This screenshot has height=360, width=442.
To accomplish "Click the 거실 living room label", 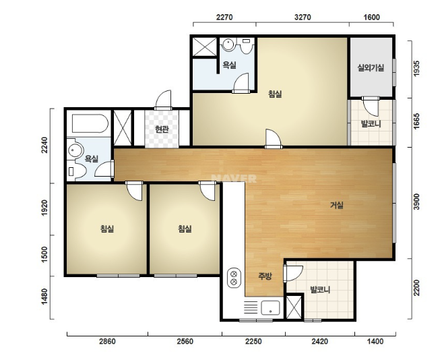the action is pos(337,205).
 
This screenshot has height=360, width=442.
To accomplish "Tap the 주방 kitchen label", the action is pos(265,276).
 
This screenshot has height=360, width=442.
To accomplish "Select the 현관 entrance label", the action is pos(162,129).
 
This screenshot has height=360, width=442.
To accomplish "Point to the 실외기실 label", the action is pos(371,67).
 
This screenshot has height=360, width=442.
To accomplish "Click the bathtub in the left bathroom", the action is pos(90,123).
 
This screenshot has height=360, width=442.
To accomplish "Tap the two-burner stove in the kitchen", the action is pos(234,278).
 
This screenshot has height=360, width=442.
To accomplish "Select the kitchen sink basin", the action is pos(270,307).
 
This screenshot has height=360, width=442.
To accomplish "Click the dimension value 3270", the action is pos(303,18).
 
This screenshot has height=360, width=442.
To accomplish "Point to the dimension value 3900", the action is pos(416,202).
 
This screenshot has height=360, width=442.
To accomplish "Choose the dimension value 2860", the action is pos(107,341).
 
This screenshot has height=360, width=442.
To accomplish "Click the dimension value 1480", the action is pos(44,297).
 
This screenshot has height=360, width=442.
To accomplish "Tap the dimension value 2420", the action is pos(319,341).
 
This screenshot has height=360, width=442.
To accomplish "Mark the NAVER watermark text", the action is pos(234,178).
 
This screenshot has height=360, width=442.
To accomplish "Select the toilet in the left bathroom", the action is pos(76,171).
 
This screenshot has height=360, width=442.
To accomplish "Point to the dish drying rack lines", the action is pos(251,307).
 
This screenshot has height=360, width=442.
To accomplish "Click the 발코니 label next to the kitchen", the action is pos(320,290).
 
